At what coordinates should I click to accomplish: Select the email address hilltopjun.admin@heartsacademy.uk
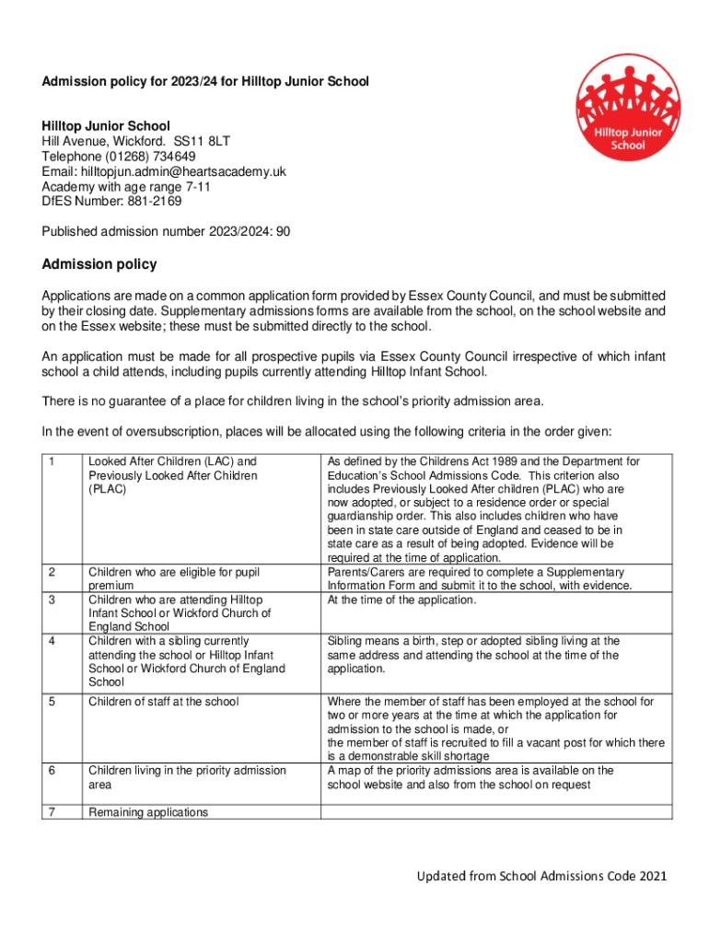[186, 171]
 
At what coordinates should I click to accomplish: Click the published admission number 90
[284, 232]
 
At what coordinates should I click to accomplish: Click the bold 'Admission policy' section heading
[99, 265]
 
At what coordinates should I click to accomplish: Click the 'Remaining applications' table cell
[148, 812]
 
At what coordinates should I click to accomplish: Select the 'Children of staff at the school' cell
[163, 702]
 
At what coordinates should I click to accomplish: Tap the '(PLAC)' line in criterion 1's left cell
[108, 490]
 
